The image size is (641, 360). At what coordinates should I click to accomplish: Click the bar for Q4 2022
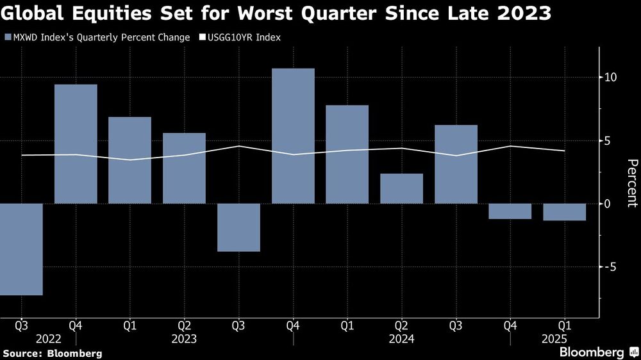tap(76, 144)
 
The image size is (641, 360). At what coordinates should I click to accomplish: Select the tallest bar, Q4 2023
tap(293, 136)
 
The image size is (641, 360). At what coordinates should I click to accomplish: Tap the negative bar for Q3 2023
tap(238, 227)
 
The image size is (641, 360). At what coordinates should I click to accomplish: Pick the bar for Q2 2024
tap(401, 188)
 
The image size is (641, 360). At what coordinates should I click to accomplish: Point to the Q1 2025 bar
tap(564, 212)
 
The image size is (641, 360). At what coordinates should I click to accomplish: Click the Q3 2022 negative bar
tap(21, 249)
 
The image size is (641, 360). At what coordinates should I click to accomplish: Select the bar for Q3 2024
tap(456, 164)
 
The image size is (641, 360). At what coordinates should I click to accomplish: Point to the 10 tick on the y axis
tap(611, 78)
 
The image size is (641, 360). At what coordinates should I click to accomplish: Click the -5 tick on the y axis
tap(611, 266)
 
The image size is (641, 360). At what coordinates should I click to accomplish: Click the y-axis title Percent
tap(631, 183)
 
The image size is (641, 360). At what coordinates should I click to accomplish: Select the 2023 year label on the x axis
tap(184, 338)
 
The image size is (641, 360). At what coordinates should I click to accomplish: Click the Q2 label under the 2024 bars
tap(401, 325)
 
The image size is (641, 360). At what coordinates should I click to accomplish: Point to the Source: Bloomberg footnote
tap(52, 353)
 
